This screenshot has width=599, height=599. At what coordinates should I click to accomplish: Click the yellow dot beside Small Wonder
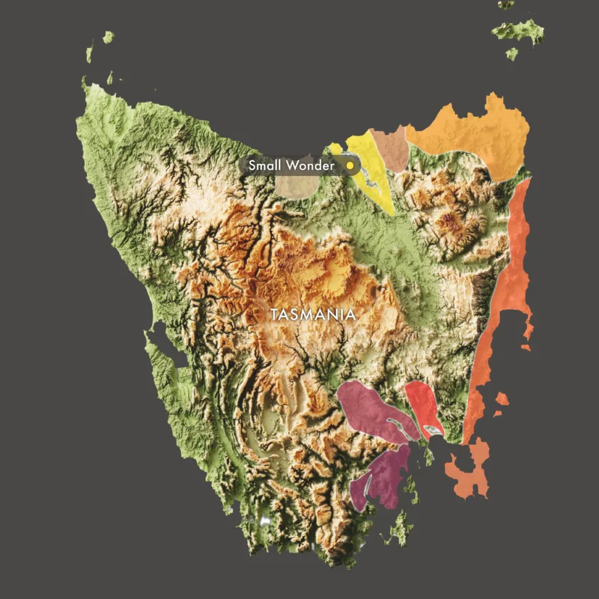[x=349, y=165]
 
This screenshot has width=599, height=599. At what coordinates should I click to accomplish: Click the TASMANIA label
[x=313, y=314]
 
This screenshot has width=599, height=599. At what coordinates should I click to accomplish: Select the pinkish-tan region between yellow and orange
[x=392, y=148]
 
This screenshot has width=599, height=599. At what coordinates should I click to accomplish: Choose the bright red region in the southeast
[x=422, y=404]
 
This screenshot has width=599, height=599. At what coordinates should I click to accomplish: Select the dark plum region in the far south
[x=383, y=478]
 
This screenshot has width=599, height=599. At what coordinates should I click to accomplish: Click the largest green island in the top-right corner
[x=518, y=31]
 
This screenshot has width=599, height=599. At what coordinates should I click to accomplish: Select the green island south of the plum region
[x=401, y=529]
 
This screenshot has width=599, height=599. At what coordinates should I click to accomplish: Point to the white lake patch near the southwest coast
[x=264, y=520]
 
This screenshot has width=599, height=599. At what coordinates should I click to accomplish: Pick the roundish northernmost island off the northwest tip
[x=109, y=37]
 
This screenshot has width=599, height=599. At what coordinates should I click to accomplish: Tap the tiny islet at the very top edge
[x=506, y=4]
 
